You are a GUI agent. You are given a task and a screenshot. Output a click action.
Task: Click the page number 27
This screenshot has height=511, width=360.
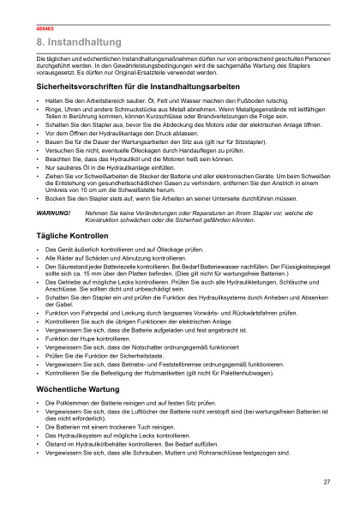(327, 482)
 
